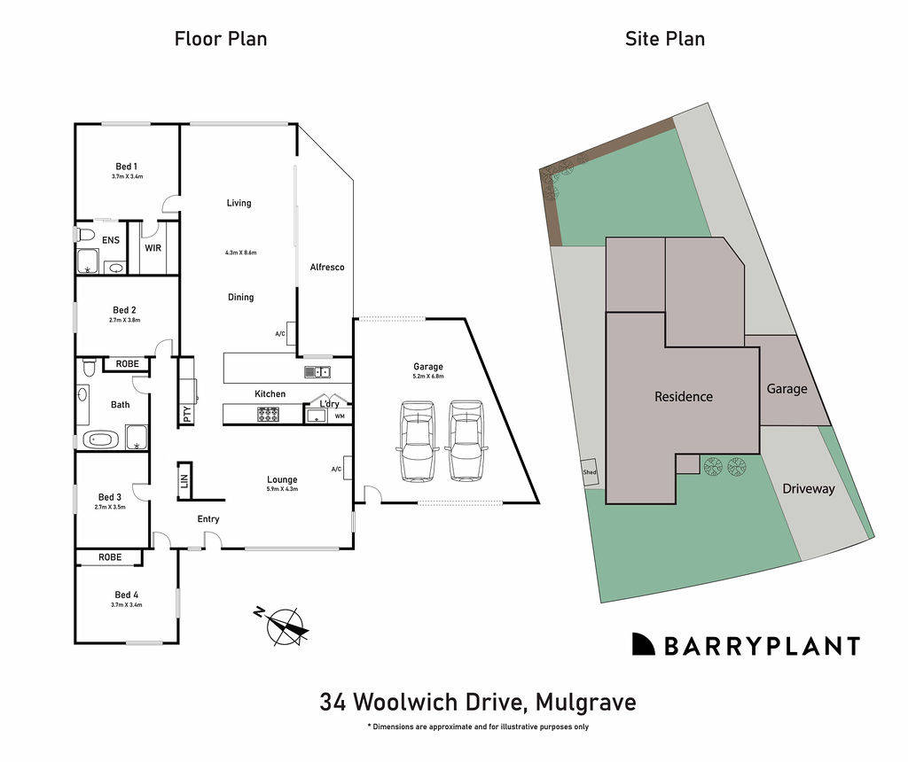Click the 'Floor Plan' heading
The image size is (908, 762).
pos(220,38)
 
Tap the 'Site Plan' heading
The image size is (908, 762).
pos(665,38)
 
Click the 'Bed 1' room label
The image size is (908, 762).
pos(127,167)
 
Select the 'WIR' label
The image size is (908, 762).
pos(153,248)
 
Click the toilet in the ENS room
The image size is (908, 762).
pos(85,235)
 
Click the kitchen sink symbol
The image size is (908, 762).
pos(317,372)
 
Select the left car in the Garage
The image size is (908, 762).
pos(418,440)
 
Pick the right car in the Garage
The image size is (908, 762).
pos(467,440)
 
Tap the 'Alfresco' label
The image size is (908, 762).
pos(326,267)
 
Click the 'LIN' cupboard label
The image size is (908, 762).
pos(184,481)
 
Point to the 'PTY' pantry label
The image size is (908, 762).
pos(187,413)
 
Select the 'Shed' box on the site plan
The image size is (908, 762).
pos(590,472)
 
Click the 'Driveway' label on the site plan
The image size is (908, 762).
pos(808,488)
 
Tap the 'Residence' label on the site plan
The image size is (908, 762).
pos(684,397)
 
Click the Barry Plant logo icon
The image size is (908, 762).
pos(643,645)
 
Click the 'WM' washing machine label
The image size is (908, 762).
pos(340,416)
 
